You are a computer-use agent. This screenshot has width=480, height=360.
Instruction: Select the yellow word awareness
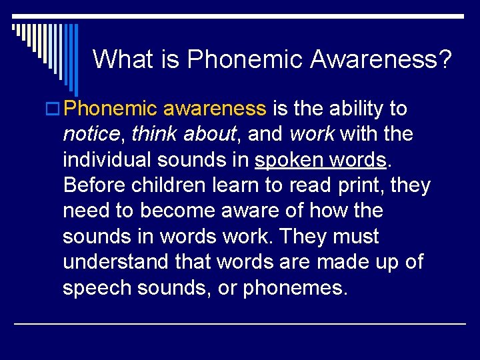tap(214, 109)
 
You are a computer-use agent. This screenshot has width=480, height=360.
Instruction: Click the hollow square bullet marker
tap(55, 109)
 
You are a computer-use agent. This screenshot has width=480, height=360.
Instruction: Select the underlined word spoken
tap(287, 161)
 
